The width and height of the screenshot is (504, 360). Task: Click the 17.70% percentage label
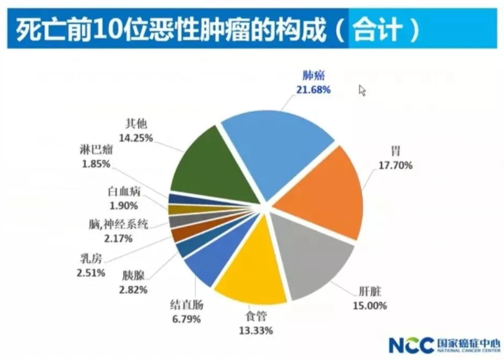click(396, 165)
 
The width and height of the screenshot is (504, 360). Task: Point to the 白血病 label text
click(119, 191)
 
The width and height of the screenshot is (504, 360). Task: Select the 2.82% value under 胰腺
click(133, 289)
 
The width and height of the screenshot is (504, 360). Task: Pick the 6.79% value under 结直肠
click(186, 319)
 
